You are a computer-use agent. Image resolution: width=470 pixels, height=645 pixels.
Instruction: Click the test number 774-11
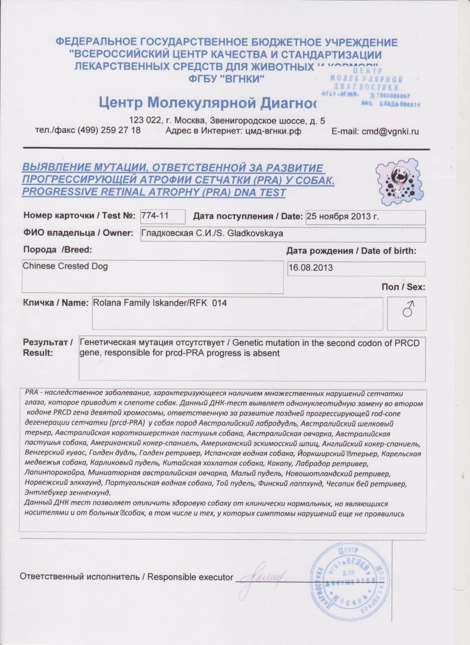pos(154,216)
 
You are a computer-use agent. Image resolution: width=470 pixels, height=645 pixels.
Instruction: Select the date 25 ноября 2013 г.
pos(343,217)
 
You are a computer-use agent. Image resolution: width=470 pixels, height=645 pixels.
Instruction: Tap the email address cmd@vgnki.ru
pos(390,131)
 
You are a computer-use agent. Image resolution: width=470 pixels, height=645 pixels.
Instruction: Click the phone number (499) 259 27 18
pos(109,130)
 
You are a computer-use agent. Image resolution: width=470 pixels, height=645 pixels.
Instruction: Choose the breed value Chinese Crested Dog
pos(65,266)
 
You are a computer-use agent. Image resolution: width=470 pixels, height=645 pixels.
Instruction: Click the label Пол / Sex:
pos(403,287)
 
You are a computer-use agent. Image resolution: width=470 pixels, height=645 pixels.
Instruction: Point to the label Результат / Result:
pos(48,348)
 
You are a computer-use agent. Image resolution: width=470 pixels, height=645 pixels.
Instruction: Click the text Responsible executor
pos(190,577)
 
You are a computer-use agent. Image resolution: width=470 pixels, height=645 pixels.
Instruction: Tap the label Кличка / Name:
pos(56,303)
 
